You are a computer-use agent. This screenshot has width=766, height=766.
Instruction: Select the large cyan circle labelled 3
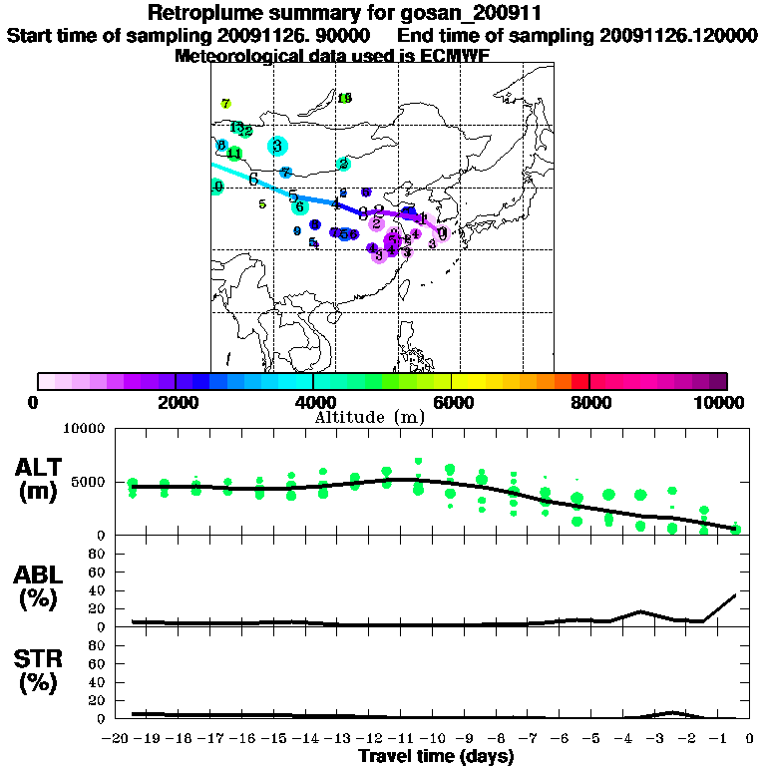[276, 146]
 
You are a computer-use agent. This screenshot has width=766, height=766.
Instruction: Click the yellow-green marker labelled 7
[226, 104]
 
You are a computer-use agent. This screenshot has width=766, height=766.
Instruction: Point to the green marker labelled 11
[234, 154]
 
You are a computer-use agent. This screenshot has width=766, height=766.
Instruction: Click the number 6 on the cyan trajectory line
[254, 180]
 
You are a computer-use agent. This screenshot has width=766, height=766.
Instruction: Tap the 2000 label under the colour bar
[176, 403]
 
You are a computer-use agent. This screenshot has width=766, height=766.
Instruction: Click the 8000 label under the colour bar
[589, 403]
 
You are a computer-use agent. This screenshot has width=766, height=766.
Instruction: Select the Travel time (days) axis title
[436, 757]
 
